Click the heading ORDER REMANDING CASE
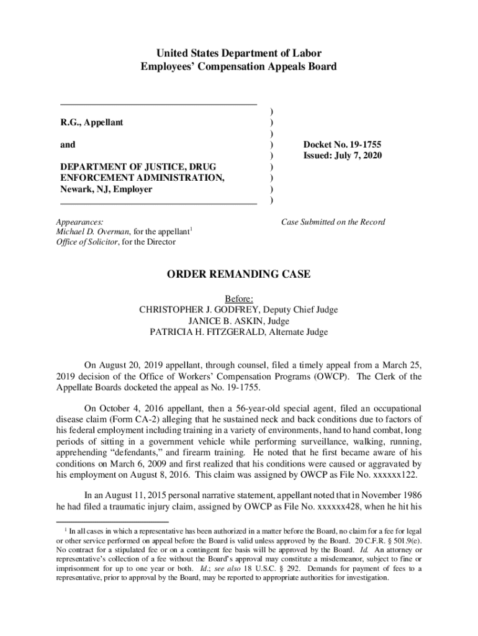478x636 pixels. coord(239,274)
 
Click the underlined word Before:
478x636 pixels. coord(239,298)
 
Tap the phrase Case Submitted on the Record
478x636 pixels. coord(333,222)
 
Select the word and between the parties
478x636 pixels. coord(68,145)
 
